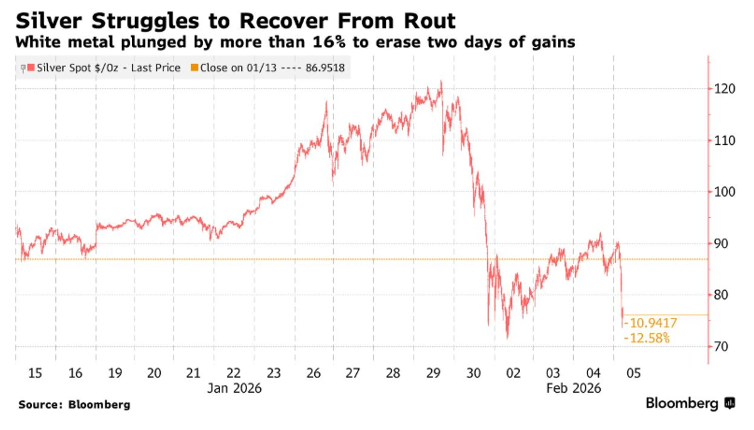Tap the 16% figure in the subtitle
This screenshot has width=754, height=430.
329,42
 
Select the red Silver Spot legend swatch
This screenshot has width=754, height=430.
31,67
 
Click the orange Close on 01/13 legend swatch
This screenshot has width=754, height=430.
195,67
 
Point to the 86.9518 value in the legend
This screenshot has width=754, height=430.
325,68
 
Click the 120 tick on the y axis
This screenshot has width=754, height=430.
724,89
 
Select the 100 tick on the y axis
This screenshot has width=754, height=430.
724,192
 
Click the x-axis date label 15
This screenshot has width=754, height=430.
35,373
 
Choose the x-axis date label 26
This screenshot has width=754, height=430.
313,373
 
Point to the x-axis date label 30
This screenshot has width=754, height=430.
474,373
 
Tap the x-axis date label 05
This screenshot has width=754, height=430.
633,373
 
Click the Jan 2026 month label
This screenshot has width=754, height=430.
234,388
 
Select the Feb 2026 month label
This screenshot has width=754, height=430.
574,388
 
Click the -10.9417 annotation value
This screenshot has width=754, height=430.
650,323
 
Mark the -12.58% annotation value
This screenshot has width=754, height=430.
647,338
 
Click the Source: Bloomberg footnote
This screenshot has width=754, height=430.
74,405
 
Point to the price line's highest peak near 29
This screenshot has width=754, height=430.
441,81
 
